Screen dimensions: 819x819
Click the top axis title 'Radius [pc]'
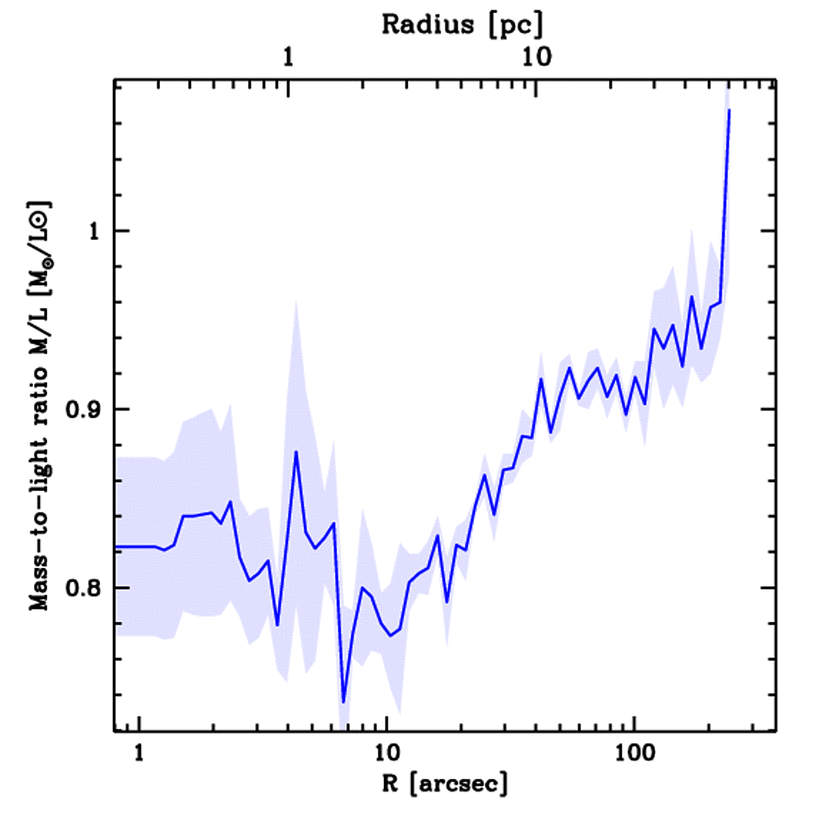click(x=461, y=24)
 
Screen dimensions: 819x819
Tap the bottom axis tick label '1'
click(x=140, y=753)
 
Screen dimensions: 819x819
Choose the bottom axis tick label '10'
click(x=386, y=753)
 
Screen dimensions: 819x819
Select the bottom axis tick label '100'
click(x=633, y=753)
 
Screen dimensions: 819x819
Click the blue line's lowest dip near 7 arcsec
click(x=343, y=701)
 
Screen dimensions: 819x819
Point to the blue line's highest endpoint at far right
click(x=729, y=110)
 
